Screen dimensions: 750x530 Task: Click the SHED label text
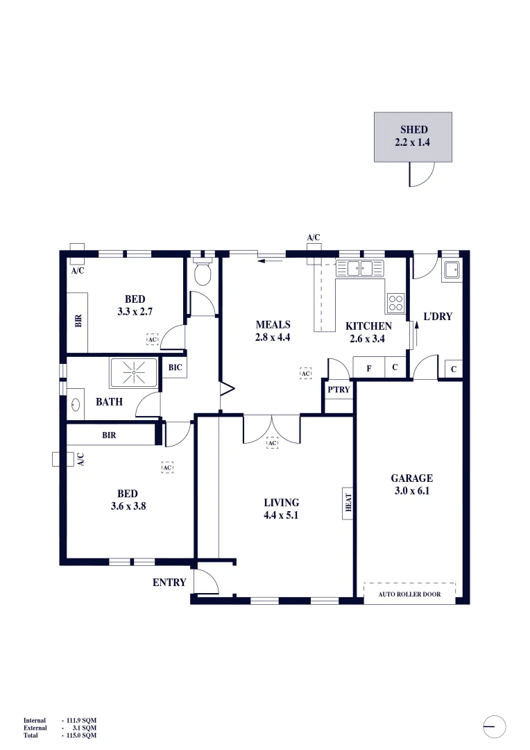point(413,130)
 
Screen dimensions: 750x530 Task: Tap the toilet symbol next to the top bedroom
point(202,275)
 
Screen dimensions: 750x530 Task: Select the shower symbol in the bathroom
point(132,373)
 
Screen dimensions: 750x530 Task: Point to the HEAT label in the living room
point(348,503)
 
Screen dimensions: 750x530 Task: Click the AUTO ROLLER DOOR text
point(409,594)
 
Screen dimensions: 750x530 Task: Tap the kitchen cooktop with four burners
point(395,303)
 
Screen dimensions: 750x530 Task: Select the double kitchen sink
point(360,267)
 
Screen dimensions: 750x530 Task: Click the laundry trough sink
point(451,269)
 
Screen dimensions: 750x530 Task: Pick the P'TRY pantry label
point(339,390)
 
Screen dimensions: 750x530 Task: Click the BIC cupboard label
point(175,367)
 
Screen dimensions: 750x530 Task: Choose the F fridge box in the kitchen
point(368,368)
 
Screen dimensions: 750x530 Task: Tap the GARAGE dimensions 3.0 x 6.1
point(411,490)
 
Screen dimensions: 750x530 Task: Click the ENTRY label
point(169,583)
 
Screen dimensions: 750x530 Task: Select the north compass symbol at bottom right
point(495,726)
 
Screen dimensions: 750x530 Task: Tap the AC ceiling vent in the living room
point(272,442)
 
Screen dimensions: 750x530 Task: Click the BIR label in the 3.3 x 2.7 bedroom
point(78,321)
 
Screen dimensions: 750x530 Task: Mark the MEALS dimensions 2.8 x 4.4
point(273,337)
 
